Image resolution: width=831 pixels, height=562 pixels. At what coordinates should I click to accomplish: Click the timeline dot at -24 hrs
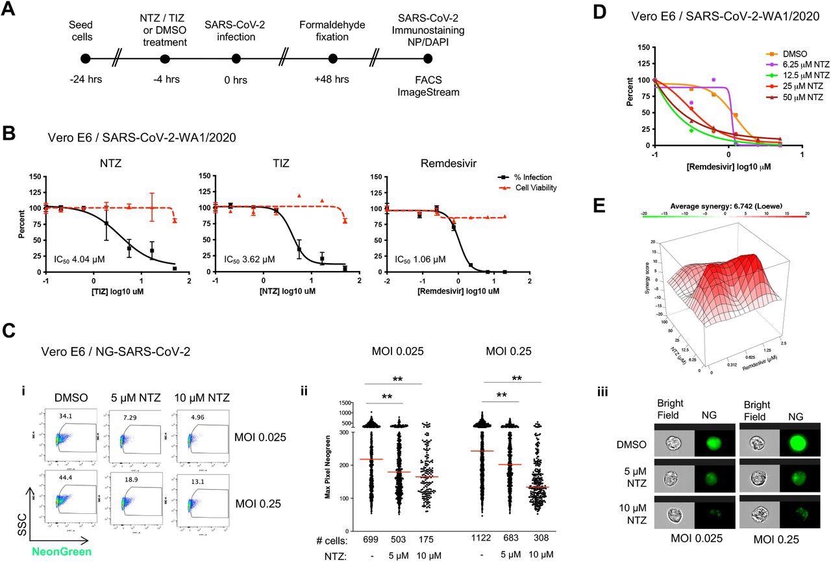[85, 59]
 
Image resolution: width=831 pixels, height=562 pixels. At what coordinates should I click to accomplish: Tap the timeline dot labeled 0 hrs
[237, 59]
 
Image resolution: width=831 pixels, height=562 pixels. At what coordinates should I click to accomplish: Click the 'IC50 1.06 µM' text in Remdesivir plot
[421, 259]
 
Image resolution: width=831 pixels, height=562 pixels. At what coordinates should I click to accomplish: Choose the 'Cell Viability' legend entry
[536, 188]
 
